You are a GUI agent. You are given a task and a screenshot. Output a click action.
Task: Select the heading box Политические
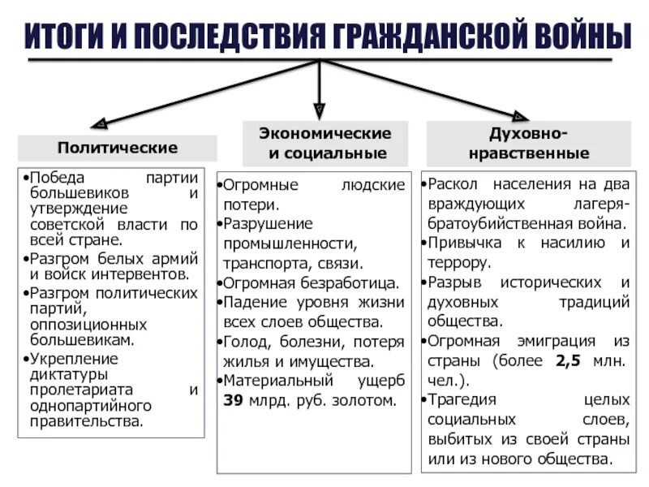[118, 148]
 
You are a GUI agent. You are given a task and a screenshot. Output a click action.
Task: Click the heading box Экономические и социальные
[324, 143]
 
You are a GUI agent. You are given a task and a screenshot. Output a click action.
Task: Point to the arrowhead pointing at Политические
[100, 124]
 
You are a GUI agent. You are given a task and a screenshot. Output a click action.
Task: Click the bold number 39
[232, 400]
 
